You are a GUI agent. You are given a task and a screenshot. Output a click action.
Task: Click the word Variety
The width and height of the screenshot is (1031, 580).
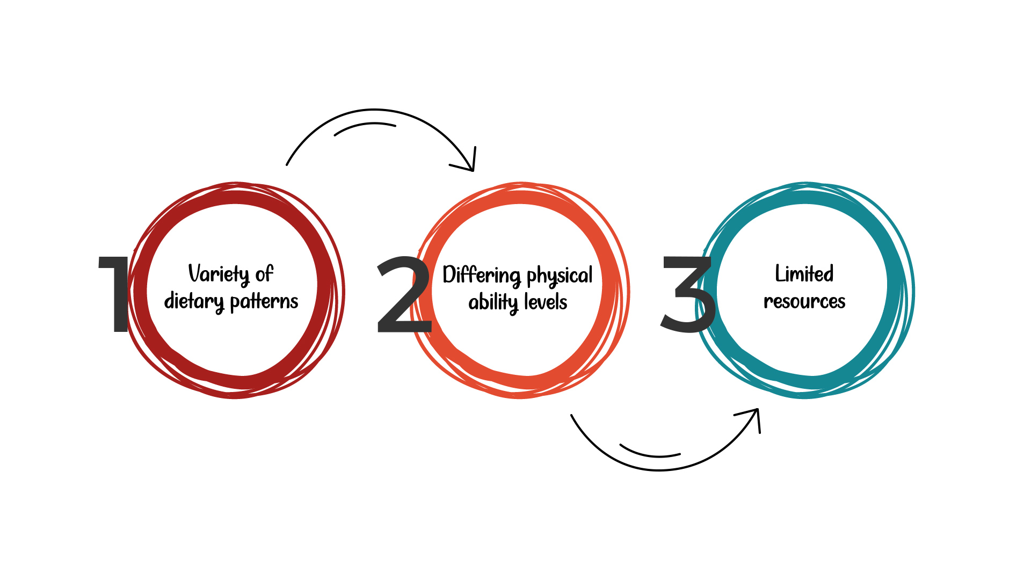point(218,274)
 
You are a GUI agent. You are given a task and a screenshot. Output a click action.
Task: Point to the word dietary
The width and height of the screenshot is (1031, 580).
point(193,301)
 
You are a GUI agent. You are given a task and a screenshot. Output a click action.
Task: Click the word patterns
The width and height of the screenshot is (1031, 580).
point(264,302)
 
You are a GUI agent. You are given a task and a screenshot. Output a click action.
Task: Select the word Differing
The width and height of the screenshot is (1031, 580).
point(481,275)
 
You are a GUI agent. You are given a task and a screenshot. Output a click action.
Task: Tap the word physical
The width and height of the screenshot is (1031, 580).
point(560,275)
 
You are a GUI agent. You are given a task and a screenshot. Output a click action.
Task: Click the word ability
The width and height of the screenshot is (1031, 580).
point(493,302)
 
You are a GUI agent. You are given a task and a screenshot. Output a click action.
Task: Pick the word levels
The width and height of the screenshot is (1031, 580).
point(546,302)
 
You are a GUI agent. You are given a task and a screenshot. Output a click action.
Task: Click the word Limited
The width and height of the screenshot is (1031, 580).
point(804,274)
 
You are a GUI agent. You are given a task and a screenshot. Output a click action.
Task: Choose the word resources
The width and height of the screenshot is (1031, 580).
point(804,302)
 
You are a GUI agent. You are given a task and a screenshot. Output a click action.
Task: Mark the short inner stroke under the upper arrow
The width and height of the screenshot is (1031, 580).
point(365,127)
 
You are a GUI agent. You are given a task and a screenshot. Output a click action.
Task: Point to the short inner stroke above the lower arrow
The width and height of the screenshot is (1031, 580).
point(650,453)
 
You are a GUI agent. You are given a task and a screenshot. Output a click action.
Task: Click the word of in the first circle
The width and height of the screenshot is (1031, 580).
point(264,274)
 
